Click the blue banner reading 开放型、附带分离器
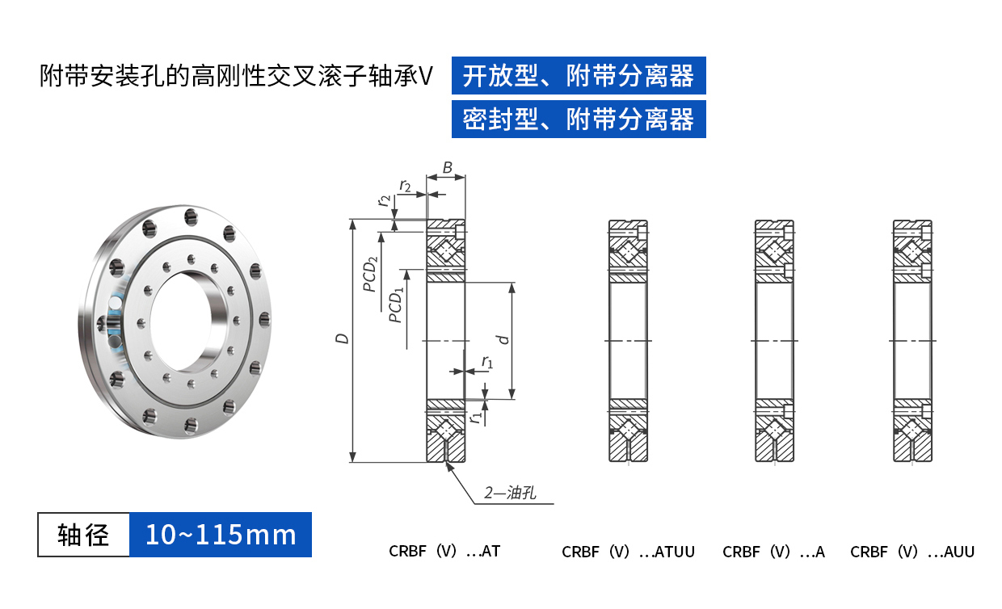coord(579,76)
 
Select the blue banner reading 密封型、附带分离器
coord(579,119)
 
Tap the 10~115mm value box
coord(221,535)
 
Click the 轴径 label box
coord(84,535)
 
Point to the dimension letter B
coord(448,168)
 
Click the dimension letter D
coord(342,338)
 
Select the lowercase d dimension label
coord(504,340)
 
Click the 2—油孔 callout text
coord(510,493)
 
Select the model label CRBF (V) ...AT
coord(444,552)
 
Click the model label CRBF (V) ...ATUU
coord(628,552)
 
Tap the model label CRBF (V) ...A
coord(773,552)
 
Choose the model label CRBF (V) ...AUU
coord(912,552)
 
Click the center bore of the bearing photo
coord(181,321)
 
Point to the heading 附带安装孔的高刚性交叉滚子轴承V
coord(236,76)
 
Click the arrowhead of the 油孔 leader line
coord(448,466)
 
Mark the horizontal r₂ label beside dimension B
coord(406,185)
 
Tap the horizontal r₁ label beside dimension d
coord(487,361)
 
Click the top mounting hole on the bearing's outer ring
coord(191,217)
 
